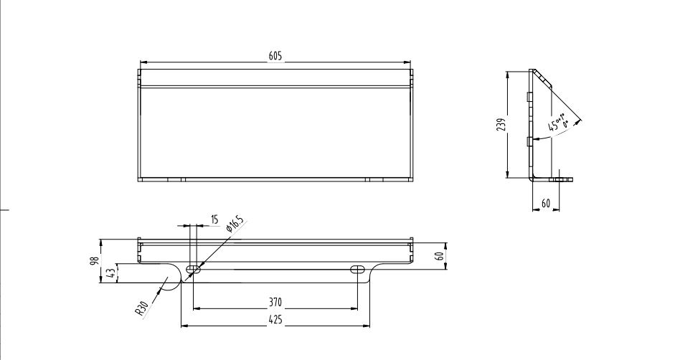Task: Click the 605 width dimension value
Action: point(275,56)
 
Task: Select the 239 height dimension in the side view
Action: point(501,125)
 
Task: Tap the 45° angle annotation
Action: point(558,123)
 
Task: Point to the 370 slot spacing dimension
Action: point(275,303)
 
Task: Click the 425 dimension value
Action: point(275,320)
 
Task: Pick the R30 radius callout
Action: point(142,308)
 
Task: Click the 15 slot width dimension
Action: point(214,219)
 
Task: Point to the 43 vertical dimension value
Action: point(111,273)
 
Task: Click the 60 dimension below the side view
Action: point(546,203)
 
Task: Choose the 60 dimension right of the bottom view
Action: point(440,256)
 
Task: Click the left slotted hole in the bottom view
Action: point(193,270)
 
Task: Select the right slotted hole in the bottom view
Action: point(357,270)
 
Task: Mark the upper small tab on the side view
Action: point(529,97)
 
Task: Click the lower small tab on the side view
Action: point(529,141)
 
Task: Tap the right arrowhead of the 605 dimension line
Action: point(407,62)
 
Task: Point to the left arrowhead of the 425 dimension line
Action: point(184,326)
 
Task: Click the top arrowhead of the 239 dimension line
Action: point(508,75)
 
